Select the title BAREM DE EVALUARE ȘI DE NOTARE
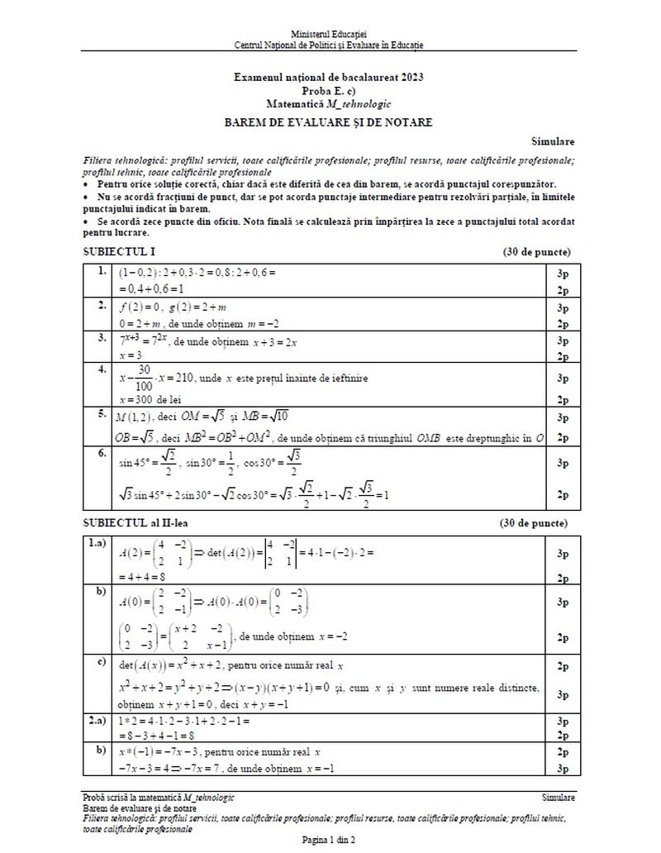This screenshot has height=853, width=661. click(x=328, y=122)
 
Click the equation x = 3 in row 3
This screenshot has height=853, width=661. click(x=131, y=355)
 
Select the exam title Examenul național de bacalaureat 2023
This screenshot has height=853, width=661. click(x=328, y=77)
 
